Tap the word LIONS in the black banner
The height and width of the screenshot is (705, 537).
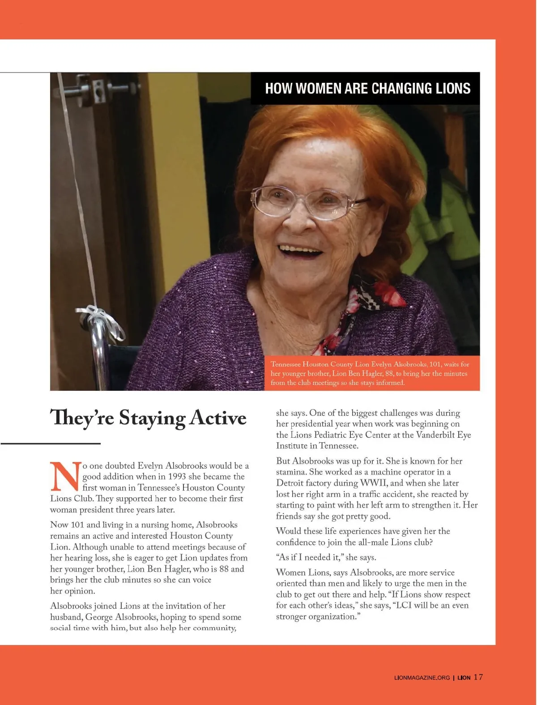pos(453,88)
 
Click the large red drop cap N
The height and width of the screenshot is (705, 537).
pos(65,477)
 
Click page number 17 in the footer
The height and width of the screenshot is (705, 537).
pos(478,677)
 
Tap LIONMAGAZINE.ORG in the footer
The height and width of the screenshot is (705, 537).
pos(422,678)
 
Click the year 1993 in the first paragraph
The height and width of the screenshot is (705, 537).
pos(177,477)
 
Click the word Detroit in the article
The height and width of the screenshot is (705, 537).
pos(291,483)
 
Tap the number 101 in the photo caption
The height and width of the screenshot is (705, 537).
pos(435,364)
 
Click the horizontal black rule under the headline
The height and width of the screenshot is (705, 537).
pos(51,444)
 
